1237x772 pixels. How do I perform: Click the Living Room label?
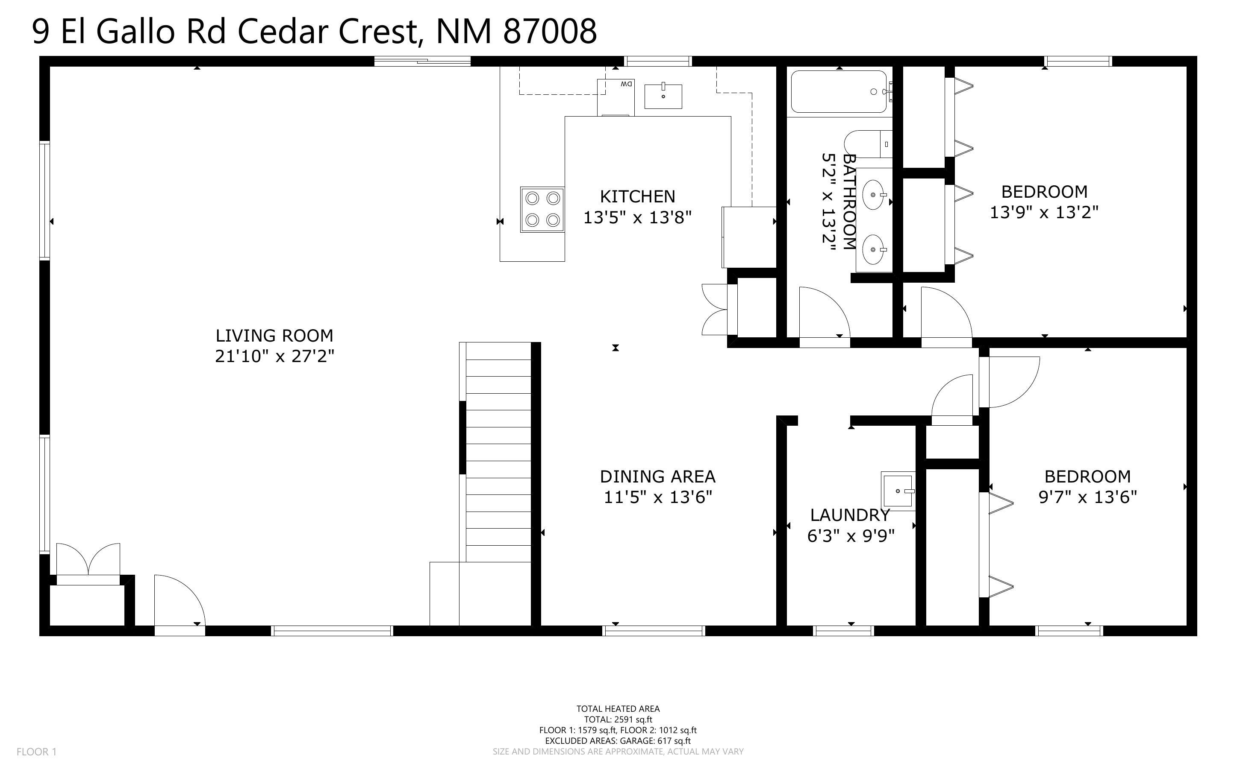(274, 336)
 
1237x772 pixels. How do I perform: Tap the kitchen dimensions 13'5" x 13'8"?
(637, 217)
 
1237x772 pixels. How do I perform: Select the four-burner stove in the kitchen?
(542, 209)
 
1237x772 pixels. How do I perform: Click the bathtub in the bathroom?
(839, 91)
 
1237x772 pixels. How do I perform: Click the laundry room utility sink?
(898, 491)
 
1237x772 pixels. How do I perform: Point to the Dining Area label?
(657, 477)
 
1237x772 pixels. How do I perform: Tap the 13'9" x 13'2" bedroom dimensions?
(1044, 212)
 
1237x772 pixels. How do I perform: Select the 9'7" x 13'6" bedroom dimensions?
(1088, 497)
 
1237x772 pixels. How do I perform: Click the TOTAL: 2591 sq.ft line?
(618, 719)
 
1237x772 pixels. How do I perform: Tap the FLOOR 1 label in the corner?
(37, 752)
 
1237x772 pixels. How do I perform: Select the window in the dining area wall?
(654, 631)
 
